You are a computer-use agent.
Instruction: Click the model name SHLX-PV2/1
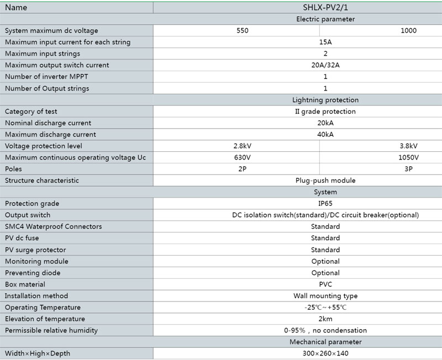click(x=325, y=8)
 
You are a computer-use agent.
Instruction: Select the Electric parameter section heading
click(x=325, y=19)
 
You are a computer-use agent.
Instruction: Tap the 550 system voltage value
click(x=242, y=31)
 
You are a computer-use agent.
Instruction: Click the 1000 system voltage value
click(x=408, y=31)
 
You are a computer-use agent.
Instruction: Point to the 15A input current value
click(x=325, y=43)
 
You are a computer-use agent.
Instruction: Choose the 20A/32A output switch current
click(x=325, y=65)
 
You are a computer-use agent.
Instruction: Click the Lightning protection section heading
click(x=325, y=100)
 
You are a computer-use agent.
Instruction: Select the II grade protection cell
click(x=325, y=112)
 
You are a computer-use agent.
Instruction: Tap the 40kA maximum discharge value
click(x=325, y=135)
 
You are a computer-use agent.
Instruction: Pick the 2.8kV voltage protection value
click(x=242, y=146)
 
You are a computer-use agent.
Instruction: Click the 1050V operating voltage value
click(x=408, y=157)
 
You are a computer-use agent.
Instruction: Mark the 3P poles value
click(x=408, y=169)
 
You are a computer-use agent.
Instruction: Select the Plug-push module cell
click(x=325, y=181)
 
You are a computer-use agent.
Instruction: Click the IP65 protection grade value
click(x=325, y=204)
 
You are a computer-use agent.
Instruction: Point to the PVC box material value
click(x=325, y=284)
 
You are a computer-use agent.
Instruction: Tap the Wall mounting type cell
click(x=325, y=296)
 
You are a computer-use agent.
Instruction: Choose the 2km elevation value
click(x=325, y=319)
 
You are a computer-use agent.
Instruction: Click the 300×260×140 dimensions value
click(x=325, y=353)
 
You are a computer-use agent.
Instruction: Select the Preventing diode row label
click(x=33, y=273)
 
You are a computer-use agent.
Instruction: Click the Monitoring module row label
click(x=34, y=261)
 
